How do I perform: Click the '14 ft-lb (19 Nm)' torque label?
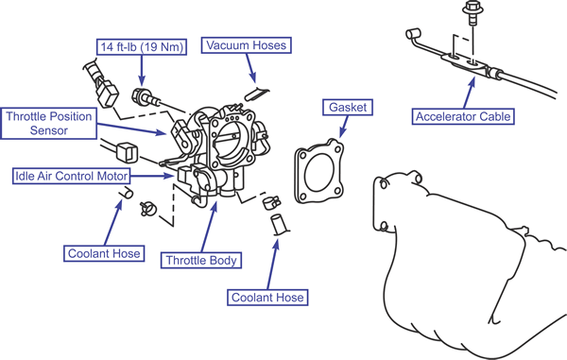coord(142,46)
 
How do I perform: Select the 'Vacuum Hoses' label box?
coord(247,45)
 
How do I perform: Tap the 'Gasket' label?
coord(348,108)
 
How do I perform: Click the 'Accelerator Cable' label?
coord(463,116)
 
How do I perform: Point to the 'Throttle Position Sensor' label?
coord(48,123)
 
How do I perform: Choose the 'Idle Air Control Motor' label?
coord(71,176)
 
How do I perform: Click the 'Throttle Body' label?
coord(201,260)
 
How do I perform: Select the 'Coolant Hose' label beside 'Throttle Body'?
coord(104,253)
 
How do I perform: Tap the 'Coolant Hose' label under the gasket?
coord(267,298)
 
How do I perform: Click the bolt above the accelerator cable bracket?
coord(471,12)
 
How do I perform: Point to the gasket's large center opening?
coord(319,172)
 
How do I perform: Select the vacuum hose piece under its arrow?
coord(256,94)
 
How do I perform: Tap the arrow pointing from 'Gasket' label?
coord(343,127)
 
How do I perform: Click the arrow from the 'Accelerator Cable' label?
coord(468,93)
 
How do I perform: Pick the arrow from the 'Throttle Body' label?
coord(209,227)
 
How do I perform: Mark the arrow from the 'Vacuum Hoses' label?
coord(251,68)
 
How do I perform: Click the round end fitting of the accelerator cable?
coord(413,34)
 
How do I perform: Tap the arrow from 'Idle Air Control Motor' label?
coord(152,176)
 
